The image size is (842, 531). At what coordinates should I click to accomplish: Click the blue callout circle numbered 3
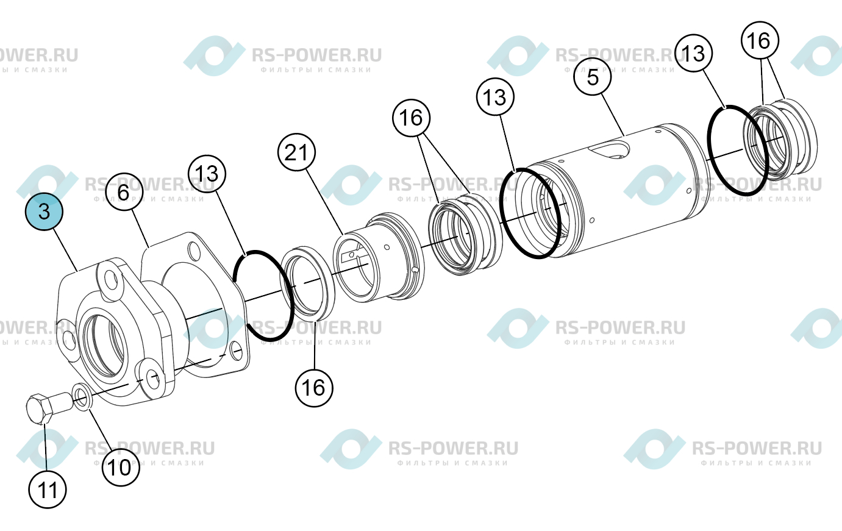coord(44,212)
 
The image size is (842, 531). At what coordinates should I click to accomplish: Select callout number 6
coord(124,192)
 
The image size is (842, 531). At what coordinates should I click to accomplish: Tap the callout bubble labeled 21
coord(296,152)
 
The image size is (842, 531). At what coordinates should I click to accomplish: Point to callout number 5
coord(593,77)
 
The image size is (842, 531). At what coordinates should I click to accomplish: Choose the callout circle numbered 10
coord(121,468)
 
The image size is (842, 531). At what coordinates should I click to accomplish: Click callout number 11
coord(48,490)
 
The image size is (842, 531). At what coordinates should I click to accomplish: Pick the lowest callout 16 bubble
coord(314,388)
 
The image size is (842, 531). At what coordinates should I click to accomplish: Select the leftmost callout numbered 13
coord(207,174)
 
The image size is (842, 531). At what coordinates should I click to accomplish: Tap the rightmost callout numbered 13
coord(694,53)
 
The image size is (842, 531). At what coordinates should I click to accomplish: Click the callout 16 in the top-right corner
coord(760,40)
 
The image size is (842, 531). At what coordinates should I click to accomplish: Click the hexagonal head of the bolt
coord(39,409)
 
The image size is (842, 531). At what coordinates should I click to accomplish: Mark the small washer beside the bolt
coord(82,397)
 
